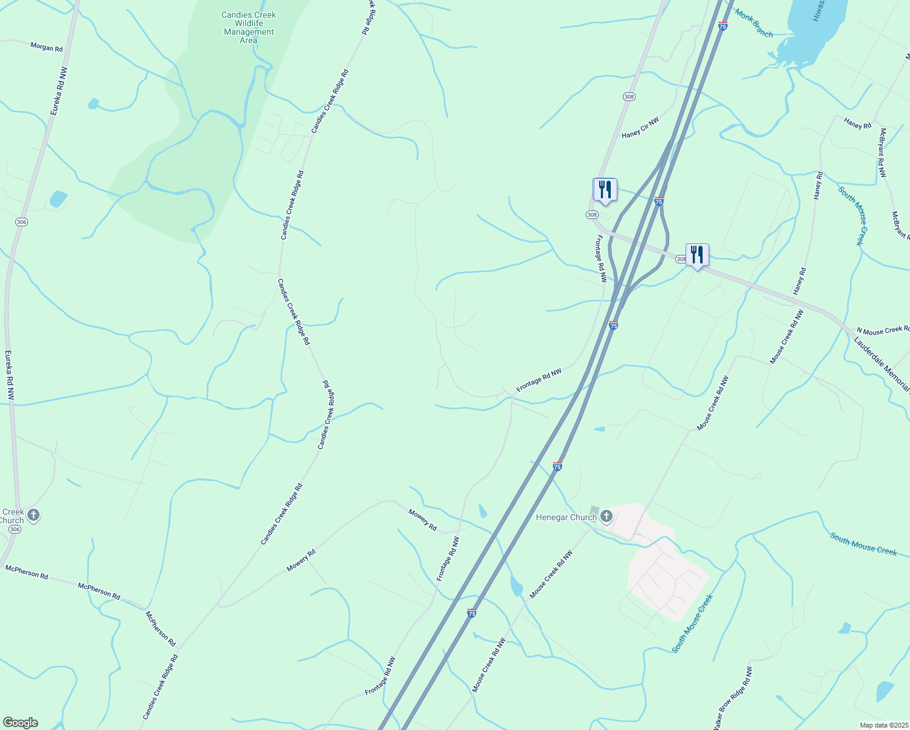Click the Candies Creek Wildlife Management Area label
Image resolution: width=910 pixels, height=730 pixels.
coord(249,28)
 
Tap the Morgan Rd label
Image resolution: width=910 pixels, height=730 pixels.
coord(47,47)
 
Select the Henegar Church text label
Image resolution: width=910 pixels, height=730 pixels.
coord(566,518)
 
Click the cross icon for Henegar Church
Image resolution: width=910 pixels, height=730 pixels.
coord(606,517)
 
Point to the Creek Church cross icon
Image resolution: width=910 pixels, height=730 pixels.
coord(33,516)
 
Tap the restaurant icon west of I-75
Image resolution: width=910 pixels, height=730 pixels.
coord(605,190)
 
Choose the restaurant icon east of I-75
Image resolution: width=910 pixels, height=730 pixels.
coord(697,255)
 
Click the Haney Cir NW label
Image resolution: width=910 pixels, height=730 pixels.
coord(640,128)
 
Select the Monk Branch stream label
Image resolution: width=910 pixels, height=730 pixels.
coord(754,23)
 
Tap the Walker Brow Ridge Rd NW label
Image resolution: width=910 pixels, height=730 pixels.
coord(733,698)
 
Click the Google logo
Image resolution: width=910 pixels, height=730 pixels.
coord(20,723)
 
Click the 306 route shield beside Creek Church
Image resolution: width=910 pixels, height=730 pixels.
coord(15,530)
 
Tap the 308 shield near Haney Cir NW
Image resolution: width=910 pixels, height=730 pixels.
coord(629,97)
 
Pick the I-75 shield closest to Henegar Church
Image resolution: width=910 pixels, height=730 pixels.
coord(557,467)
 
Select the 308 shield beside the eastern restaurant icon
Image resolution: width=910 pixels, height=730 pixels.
coord(681,259)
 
